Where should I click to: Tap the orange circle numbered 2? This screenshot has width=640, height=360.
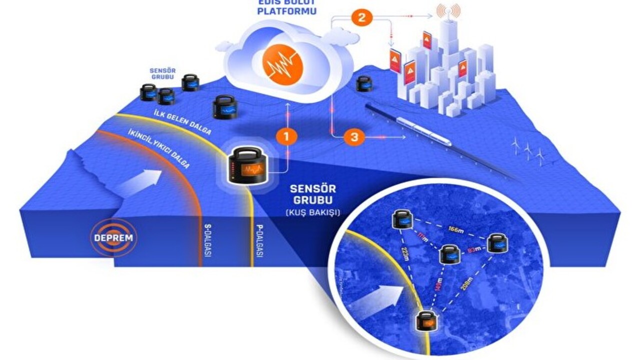point(361,18)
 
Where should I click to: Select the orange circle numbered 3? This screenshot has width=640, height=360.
point(354,138)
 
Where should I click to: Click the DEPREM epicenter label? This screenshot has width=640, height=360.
point(113,237)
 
